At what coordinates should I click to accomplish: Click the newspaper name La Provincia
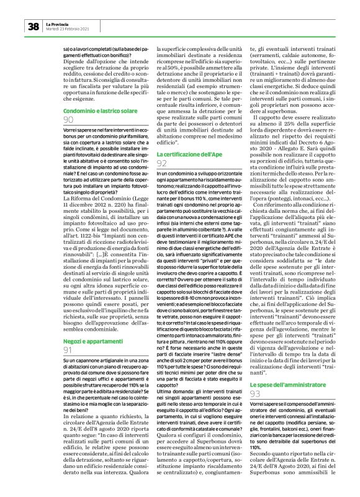point(60,23)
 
